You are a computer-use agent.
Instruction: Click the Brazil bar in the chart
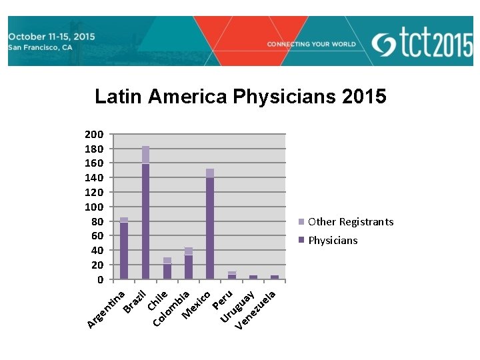point(145,220)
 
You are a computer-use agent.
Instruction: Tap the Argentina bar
point(124,250)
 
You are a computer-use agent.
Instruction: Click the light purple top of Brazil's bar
point(145,155)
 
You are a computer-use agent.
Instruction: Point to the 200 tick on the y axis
point(93,134)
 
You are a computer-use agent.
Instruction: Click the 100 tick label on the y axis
point(93,207)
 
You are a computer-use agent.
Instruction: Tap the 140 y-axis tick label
point(93,177)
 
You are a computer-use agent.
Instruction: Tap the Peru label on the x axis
point(223,299)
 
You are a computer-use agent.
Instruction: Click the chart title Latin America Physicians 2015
point(240,97)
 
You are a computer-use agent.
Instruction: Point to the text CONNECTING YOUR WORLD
point(311,44)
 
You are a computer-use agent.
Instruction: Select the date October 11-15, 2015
point(51,35)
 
